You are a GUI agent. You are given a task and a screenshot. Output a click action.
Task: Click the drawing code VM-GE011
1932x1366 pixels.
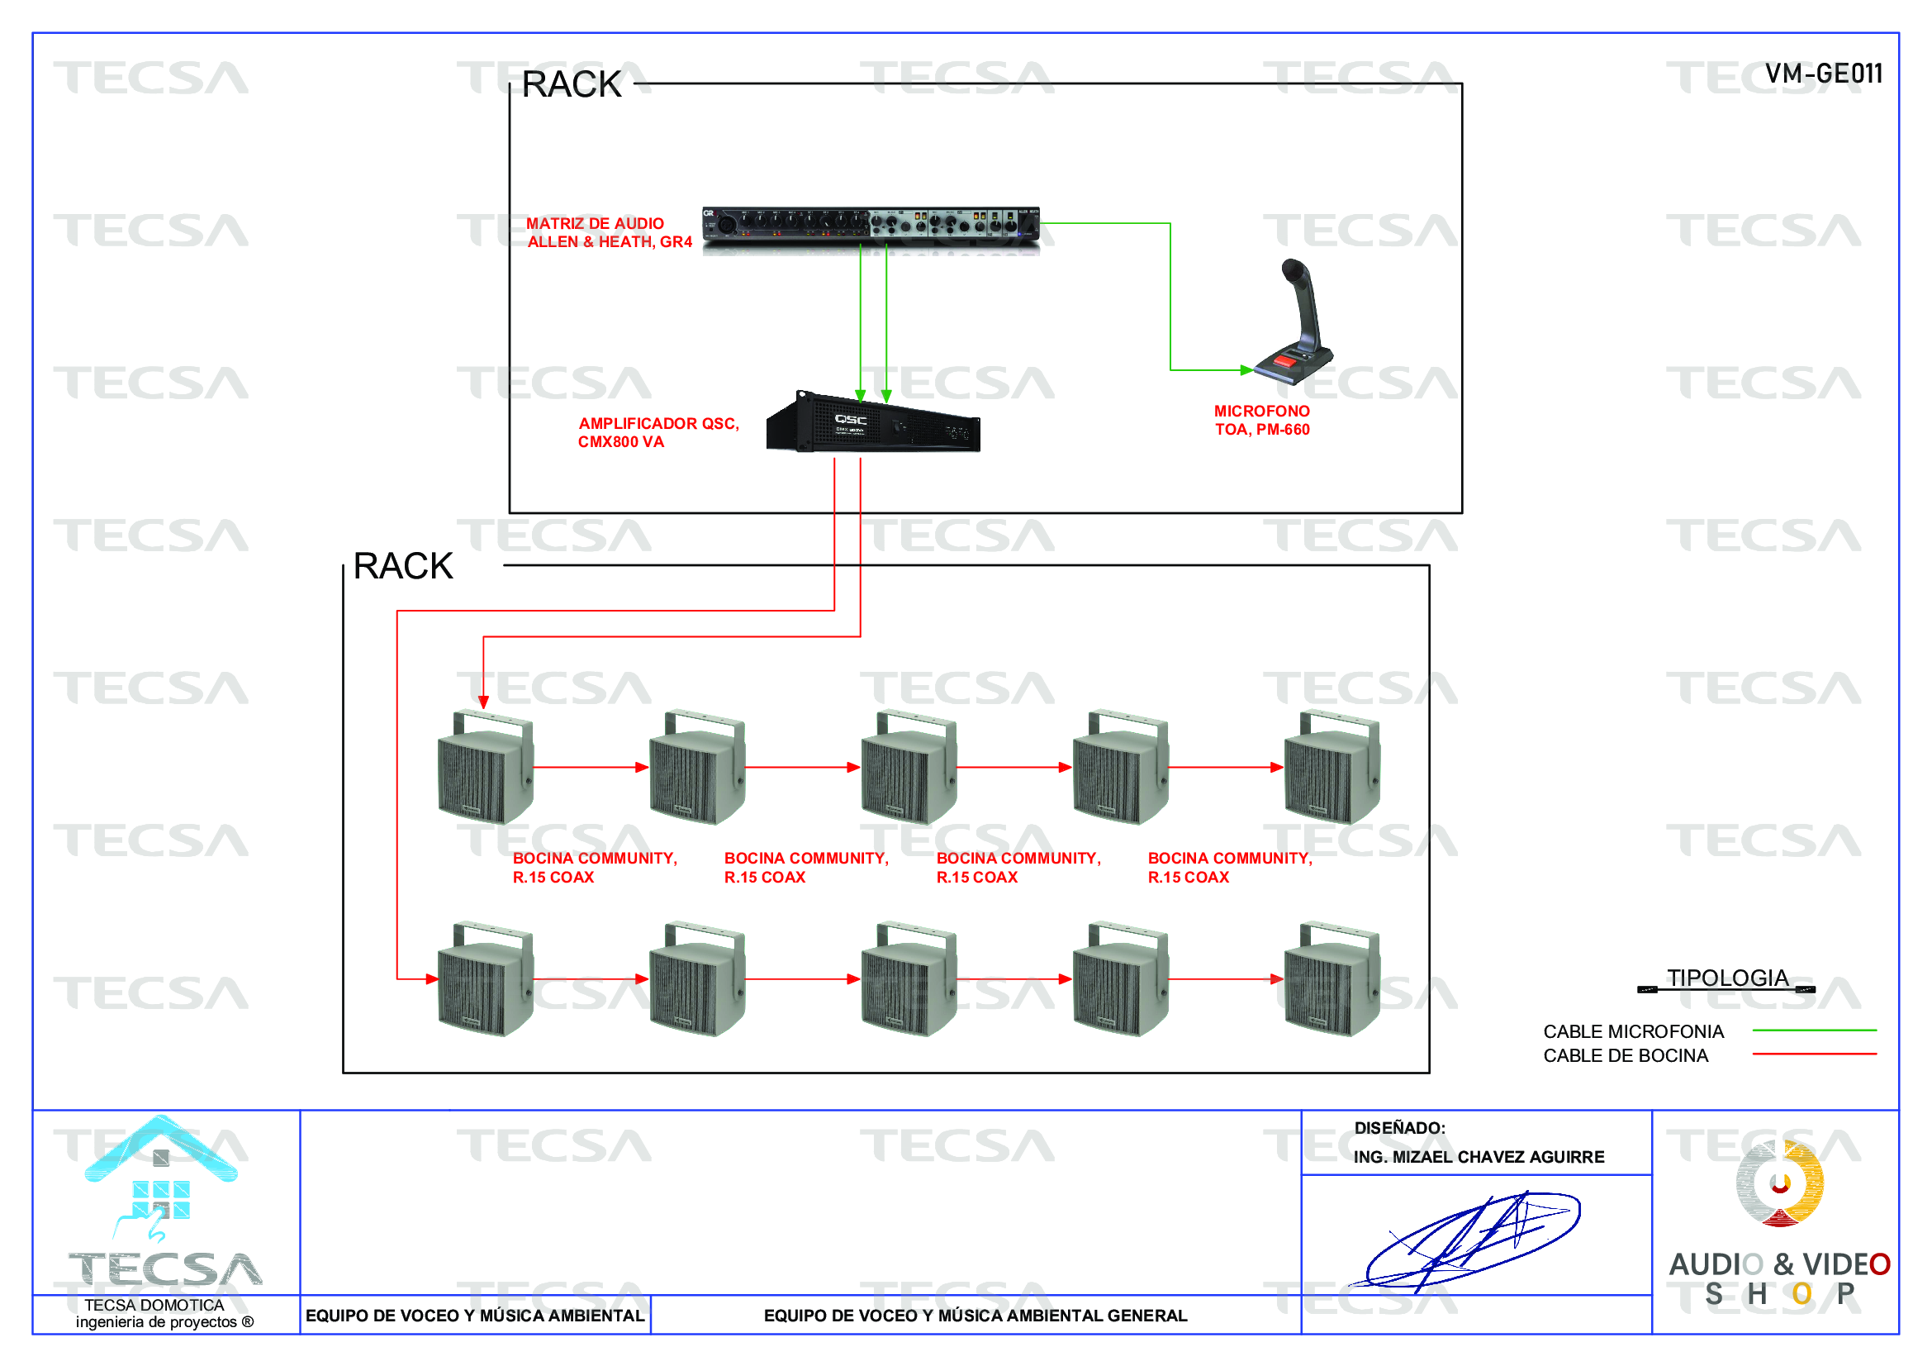pyautogui.click(x=1823, y=74)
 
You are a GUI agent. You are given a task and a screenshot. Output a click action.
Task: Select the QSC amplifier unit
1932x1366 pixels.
pyautogui.click(x=872, y=422)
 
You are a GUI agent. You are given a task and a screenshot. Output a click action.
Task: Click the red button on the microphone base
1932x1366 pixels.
pyautogui.click(x=1284, y=361)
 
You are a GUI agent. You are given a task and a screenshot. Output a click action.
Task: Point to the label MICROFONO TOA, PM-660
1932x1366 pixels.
pyautogui.click(x=1261, y=420)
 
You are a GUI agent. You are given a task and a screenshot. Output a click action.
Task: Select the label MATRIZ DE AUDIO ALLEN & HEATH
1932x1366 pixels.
pyautogui.click(x=609, y=232)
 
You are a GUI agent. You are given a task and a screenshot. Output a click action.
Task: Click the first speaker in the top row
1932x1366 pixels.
pyautogui.click(x=486, y=768)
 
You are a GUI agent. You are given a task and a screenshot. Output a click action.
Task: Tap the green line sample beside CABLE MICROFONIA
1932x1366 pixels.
pyautogui.click(x=1813, y=1030)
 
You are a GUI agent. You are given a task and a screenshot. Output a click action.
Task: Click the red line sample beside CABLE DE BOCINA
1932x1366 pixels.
pyautogui.click(x=1813, y=1054)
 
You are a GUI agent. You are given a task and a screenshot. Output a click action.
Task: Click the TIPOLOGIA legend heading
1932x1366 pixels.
pyautogui.click(x=1726, y=978)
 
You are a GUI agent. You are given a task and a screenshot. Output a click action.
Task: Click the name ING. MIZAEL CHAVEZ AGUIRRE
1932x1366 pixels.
pyautogui.click(x=1478, y=1157)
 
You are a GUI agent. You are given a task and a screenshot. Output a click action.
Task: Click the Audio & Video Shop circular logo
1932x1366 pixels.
pyautogui.click(x=1779, y=1183)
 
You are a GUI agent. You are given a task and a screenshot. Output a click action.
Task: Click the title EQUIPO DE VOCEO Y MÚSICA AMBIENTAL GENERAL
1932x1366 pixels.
pyautogui.click(x=975, y=1316)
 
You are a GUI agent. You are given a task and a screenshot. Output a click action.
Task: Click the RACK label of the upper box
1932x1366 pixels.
pyautogui.click(x=572, y=84)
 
